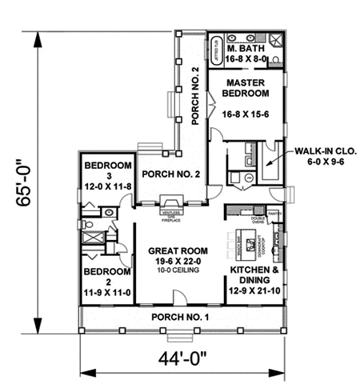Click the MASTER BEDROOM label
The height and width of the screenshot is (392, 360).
pyautogui.click(x=246, y=89)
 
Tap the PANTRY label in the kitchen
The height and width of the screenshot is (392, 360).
pyautogui.click(x=274, y=214)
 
